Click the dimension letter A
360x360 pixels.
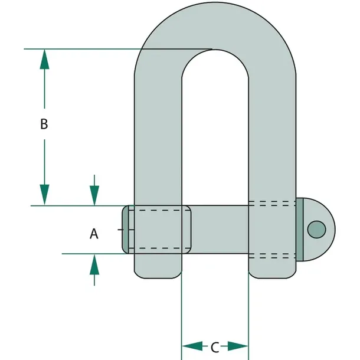pos(94,234)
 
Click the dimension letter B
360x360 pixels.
pos(44,124)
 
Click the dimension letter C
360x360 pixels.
pos(215,348)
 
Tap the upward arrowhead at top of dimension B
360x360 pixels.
pos(44,59)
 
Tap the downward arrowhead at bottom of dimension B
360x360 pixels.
pos(44,195)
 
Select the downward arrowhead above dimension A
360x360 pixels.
pos(94,195)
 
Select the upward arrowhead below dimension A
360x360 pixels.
pos(94,264)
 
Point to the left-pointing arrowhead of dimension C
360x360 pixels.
pos(192,346)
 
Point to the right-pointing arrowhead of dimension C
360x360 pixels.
pos(238,346)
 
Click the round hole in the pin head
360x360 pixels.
pos(316,230)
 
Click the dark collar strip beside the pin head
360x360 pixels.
pos(300,230)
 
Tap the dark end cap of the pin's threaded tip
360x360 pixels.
pos(125,230)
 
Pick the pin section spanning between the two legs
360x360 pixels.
pos(220,230)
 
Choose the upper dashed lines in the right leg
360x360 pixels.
pos(272,204)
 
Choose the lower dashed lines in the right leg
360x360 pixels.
pos(272,256)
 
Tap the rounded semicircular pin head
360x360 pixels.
pos(319,230)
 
